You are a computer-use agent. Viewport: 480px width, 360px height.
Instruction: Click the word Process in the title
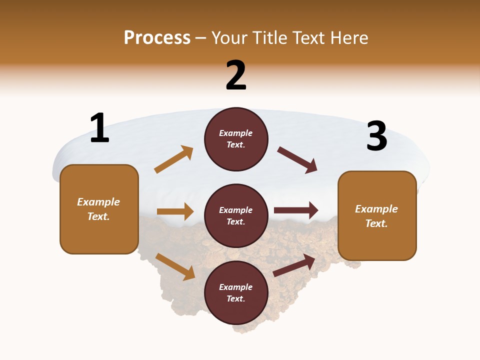[x=157, y=38]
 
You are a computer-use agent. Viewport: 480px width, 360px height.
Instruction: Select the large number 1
[x=99, y=128]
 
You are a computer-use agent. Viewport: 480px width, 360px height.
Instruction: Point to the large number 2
[x=236, y=75]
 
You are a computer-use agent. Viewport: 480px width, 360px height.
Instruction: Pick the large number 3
[x=376, y=136]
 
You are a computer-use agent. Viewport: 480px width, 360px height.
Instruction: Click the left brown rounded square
[x=99, y=209]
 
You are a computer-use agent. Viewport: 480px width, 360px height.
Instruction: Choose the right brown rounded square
[x=377, y=215]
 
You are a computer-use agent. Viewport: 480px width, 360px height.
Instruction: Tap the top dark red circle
[x=236, y=139]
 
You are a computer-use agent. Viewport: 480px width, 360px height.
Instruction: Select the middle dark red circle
[x=236, y=215]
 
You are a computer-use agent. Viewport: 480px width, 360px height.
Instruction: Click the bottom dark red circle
[x=236, y=292]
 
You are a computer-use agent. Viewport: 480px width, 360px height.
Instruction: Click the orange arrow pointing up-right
[x=174, y=159]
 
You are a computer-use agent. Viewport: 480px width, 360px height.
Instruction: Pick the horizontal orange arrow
[x=175, y=211]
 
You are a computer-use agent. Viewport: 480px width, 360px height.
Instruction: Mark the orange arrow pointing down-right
[x=175, y=266]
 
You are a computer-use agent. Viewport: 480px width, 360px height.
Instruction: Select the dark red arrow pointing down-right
[x=297, y=160]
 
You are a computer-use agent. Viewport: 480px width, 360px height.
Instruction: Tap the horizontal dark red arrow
[x=296, y=210]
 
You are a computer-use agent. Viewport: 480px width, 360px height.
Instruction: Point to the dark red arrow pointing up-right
[x=294, y=265]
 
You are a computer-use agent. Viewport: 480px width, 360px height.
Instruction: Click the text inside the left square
[x=98, y=209]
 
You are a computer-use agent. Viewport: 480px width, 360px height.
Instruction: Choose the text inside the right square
[x=376, y=216]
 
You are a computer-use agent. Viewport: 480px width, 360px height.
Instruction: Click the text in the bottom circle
[x=236, y=292]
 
